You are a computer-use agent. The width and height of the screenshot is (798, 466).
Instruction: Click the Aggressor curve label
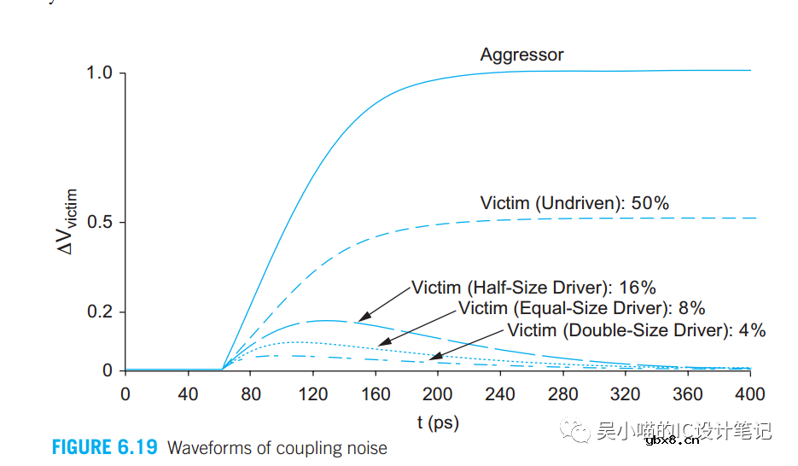click(521, 55)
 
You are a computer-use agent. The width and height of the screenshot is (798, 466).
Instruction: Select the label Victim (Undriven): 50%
click(574, 203)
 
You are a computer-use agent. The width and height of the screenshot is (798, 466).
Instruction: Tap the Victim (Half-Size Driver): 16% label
click(533, 288)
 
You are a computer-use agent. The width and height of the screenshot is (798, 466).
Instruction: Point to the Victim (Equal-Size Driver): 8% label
click(581, 308)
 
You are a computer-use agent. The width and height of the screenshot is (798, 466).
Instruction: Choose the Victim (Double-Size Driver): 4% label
click(636, 330)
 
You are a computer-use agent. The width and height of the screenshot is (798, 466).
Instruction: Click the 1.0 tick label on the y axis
click(100, 73)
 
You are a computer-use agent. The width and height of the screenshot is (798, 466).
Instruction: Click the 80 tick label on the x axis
click(250, 394)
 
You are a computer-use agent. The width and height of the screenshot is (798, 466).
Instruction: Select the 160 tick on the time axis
click(376, 394)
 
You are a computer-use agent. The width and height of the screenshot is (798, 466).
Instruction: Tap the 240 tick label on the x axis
click(501, 394)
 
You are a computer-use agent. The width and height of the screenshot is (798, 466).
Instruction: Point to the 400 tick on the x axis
click(750, 394)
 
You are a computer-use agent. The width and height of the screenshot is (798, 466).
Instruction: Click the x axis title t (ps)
click(438, 422)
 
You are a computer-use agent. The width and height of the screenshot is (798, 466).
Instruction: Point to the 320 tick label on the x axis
click(626, 394)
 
